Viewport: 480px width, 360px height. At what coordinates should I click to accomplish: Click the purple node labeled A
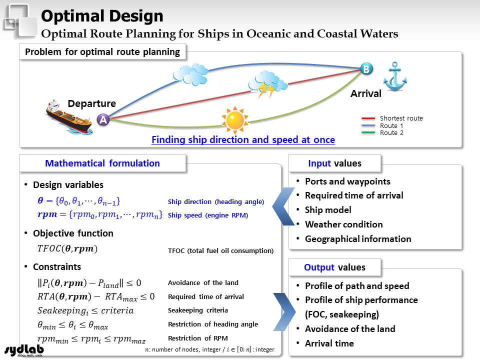[103, 119]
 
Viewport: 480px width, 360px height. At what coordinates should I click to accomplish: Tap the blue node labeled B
[366, 69]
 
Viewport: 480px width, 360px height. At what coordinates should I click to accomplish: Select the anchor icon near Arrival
[395, 76]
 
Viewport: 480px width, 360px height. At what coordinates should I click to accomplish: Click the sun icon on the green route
[235, 120]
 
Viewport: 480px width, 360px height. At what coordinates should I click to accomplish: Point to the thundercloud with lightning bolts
[267, 84]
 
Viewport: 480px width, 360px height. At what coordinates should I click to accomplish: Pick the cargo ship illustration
[69, 117]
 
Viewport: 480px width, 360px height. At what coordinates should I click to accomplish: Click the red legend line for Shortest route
[368, 118]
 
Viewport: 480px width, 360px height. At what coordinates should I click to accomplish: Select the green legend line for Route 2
[368, 132]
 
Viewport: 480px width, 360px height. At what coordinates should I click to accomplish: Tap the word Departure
[92, 103]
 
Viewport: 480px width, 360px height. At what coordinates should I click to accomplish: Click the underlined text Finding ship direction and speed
[225, 139]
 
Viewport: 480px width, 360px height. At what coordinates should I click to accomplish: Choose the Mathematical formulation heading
[102, 163]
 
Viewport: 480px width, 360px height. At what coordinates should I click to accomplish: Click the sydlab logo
[24, 350]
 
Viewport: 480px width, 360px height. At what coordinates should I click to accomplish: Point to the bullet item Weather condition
[344, 224]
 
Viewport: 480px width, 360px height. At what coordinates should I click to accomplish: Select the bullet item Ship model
[328, 210]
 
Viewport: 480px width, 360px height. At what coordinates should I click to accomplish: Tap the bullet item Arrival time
[329, 343]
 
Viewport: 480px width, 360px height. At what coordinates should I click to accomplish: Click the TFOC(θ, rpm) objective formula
[67, 248]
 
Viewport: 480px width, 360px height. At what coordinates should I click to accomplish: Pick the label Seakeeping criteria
[198, 310]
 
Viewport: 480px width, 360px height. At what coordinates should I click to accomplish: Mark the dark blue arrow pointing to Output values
[284, 312]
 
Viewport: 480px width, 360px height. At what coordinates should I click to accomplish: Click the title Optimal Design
[102, 16]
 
